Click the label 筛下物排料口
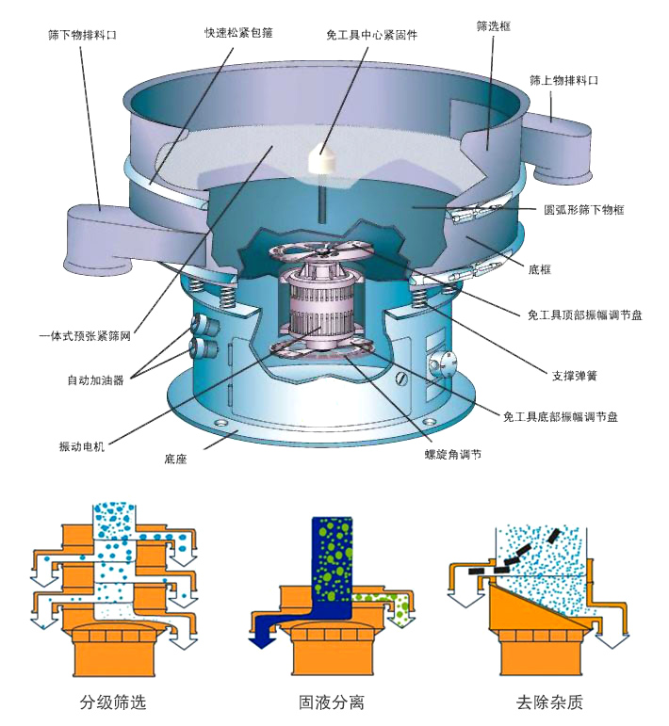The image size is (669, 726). coord(83,35)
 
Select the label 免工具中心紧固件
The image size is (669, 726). coord(371,35)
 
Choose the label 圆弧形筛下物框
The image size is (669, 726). coord(584,211)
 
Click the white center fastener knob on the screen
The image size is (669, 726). coord(322,157)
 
